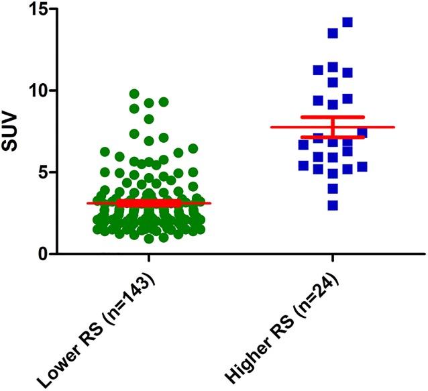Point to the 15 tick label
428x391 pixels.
point(40,9)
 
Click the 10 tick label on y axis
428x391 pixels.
point(40,91)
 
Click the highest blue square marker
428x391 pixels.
point(347,22)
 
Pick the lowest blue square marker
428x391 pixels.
point(333,205)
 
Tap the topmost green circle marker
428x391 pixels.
point(134,94)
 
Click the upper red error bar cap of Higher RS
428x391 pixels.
point(333,117)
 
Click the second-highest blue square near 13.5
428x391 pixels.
point(333,33)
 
